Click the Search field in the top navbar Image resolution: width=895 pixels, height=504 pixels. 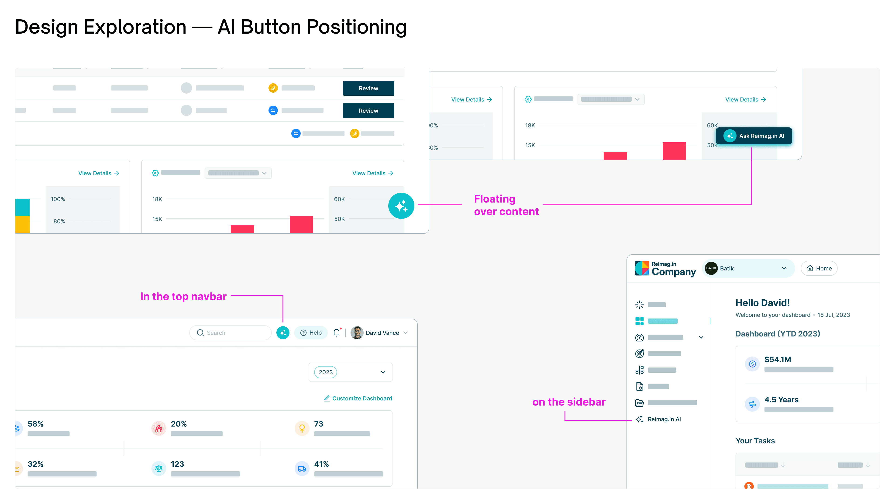(x=230, y=333)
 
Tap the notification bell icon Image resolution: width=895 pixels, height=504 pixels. (x=336, y=333)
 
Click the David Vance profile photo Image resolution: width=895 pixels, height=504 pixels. (x=357, y=333)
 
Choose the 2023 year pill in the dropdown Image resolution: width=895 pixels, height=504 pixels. (x=326, y=372)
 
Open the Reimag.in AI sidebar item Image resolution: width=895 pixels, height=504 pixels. (x=664, y=419)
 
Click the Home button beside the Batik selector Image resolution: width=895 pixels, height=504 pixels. (x=819, y=269)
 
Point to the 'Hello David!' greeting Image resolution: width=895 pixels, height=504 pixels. (x=762, y=303)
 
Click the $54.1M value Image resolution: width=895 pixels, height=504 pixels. (x=778, y=360)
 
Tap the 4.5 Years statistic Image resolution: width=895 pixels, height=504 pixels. (x=781, y=400)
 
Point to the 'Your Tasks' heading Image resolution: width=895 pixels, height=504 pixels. (x=755, y=441)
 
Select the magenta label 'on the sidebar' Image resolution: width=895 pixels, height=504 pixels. (x=569, y=402)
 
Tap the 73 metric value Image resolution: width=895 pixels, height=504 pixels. (x=319, y=424)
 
